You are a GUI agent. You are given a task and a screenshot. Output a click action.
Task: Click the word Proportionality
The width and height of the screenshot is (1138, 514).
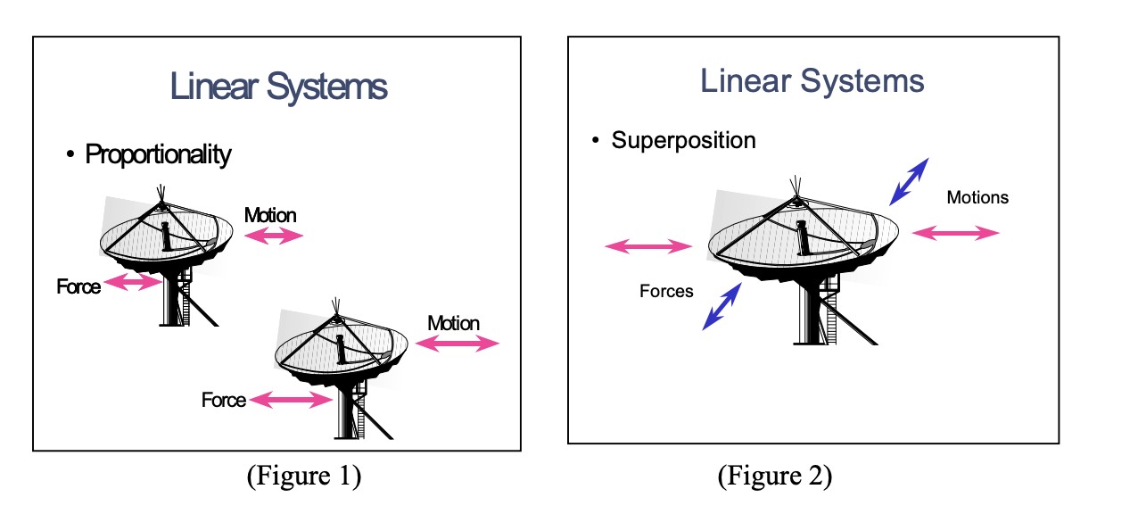(158, 154)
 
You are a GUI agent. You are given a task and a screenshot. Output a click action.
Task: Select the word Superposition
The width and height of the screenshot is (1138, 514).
(683, 140)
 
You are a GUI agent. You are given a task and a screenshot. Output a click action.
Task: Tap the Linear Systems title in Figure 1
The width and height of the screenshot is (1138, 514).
(278, 87)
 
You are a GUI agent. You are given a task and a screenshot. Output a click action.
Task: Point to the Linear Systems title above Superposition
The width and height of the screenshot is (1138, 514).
(812, 81)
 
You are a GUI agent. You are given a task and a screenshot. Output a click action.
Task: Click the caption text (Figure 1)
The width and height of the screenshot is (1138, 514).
(303, 476)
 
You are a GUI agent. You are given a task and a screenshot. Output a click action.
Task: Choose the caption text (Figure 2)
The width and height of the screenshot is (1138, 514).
(774, 476)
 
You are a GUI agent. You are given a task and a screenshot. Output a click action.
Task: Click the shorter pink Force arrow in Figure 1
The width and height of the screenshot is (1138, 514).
(131, 283)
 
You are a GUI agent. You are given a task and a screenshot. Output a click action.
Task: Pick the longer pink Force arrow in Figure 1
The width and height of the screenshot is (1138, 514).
(290, 401)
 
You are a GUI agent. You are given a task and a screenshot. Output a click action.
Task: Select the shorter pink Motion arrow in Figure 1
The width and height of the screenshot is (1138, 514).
(274, 236)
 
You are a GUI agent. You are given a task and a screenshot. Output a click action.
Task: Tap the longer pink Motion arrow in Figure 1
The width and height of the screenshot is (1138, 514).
(458, 344)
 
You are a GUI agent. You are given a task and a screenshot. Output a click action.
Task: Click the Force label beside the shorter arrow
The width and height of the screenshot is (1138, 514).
(78, 286)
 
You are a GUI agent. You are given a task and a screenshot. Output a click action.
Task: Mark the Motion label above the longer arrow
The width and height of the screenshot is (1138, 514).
(453, 323)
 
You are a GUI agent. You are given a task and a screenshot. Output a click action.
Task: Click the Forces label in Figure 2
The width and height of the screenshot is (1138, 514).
(666, 291)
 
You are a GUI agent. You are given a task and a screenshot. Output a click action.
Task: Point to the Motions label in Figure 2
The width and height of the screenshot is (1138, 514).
(977, 197)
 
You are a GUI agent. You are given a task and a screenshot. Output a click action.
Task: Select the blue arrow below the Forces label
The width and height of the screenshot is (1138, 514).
(722, 306)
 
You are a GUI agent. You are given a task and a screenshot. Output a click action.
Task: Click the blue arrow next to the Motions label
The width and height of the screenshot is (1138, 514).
(909, 181)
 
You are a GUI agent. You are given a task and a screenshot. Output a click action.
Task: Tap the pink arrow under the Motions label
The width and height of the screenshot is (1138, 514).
(956, 233)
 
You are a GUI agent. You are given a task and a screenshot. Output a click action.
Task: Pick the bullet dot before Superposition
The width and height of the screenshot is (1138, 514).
(595, 141)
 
